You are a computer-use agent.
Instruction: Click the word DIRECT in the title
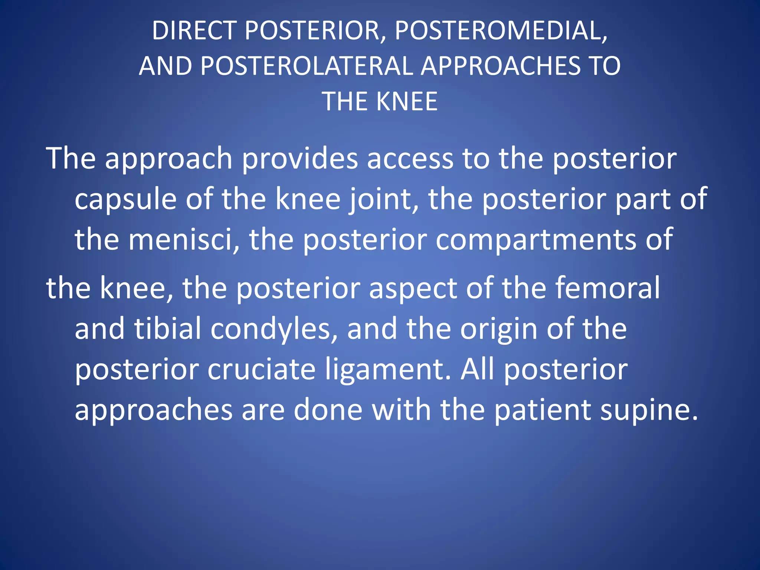coord(194,30)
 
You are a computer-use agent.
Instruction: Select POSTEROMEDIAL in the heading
coord(501,30)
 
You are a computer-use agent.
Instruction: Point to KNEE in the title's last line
coord(407,101)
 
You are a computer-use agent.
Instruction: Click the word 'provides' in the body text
coord(300,159)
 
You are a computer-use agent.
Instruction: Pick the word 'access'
coord(410,159)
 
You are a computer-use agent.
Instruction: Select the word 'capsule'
coord(125,199)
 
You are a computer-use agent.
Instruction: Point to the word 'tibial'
coord(168,329)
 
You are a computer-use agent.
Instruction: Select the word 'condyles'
coord(274,329)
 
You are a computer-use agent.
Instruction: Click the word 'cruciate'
coord(261,370)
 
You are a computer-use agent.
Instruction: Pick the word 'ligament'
coord(388,370)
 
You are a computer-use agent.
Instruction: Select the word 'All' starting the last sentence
coord(477,370)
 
